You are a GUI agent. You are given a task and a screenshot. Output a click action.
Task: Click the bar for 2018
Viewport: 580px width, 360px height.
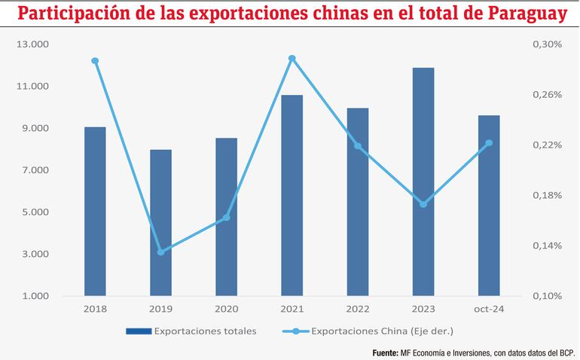[x=95, y=211]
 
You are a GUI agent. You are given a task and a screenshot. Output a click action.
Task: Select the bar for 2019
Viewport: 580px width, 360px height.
[x=160, y=222]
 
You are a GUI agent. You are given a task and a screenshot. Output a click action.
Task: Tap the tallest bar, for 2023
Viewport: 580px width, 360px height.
[x=423, y=181]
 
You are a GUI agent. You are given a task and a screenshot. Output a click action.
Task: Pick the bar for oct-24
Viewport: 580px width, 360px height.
[x=489, y=205]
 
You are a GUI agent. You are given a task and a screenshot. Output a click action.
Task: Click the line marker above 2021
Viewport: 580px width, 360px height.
[x=292, y=58]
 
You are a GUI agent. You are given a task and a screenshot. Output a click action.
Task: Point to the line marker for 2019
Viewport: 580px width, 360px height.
[x=160, y=252]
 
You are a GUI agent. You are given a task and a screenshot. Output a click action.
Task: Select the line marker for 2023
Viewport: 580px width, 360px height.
[x=423, y=204]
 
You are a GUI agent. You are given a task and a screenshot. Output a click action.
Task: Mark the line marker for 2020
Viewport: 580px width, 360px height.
[x=227, y=218]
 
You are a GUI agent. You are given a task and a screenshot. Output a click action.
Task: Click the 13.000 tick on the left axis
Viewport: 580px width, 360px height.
[x=32, y=44]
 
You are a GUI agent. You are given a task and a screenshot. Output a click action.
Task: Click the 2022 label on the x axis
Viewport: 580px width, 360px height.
[x=358, y=309]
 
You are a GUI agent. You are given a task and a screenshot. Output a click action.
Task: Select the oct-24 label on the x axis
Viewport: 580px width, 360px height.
[x=489, y=309]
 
